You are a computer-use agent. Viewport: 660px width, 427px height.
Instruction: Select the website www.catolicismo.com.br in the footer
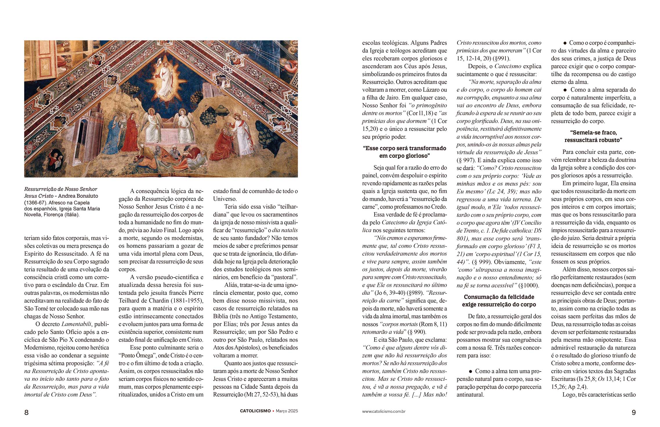[x=384, y=411]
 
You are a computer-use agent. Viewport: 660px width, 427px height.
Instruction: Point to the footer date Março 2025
[x=287, y=411]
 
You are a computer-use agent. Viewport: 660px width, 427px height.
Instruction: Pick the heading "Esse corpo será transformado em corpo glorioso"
[x=404, y=152]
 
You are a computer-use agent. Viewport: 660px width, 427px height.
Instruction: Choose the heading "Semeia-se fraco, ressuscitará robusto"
[x=593, y=136]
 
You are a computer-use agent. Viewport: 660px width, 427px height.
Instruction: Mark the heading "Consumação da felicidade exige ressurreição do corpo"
[x=499, y=301]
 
